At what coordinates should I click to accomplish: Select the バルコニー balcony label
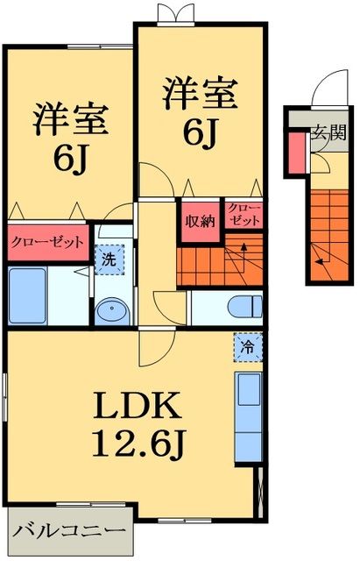pyautogui.click(x=70, y=531)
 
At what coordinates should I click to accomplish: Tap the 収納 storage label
pyautogui.click(x=199, y=220)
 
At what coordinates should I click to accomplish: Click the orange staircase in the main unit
pyautogui.click(x=219, y=262)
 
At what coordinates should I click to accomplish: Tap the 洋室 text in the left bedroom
pyautogui.click(x=71, y=121)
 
